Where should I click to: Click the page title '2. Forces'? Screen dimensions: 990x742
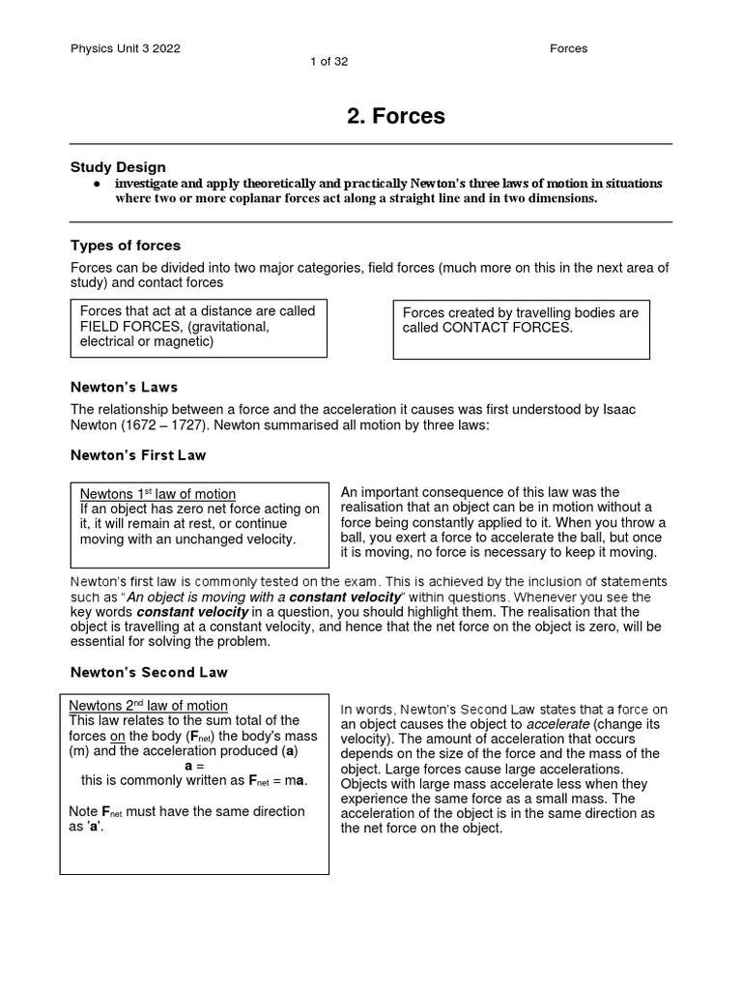click(x=396, y=116)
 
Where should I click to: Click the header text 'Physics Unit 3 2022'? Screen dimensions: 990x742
click(x=125, y=48)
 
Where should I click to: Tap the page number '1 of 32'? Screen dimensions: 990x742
click(x=328, y=62)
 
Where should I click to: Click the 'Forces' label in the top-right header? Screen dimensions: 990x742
click(x=568, y=48)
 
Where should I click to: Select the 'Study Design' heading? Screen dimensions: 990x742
click(x=118, y=167)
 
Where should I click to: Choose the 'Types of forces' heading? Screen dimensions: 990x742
click(x=126, y=246)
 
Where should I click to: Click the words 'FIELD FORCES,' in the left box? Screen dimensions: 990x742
click(x=128, y=327)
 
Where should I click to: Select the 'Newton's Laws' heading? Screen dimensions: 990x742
click(x=124, y=387)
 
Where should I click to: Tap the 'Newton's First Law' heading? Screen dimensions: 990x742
click(x=137, y=455)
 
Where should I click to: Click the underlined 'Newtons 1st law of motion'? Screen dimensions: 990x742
click(x=157, y=494)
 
